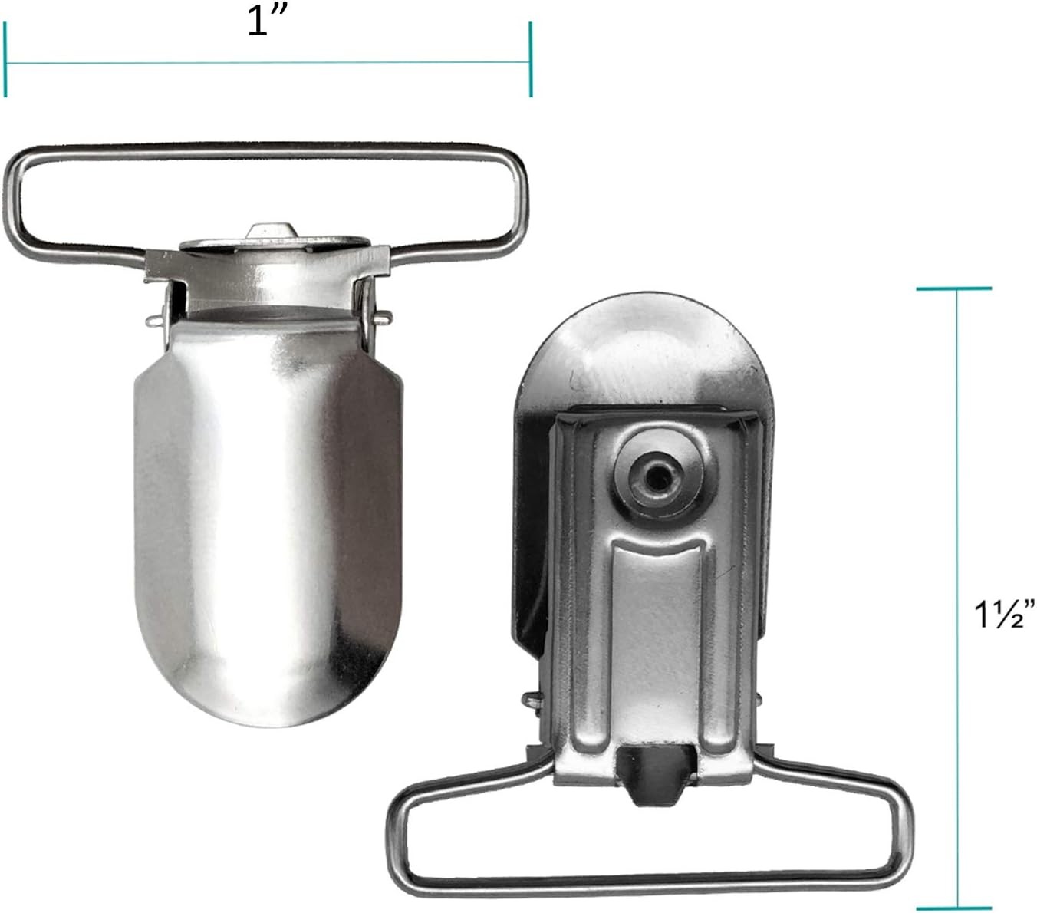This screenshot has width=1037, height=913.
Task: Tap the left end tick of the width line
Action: coord(5,59)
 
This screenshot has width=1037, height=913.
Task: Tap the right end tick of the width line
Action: coord(531,59)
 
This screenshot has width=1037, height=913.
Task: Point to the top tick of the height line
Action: coord(953,288)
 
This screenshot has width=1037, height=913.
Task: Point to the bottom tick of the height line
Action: coord(953,908)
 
